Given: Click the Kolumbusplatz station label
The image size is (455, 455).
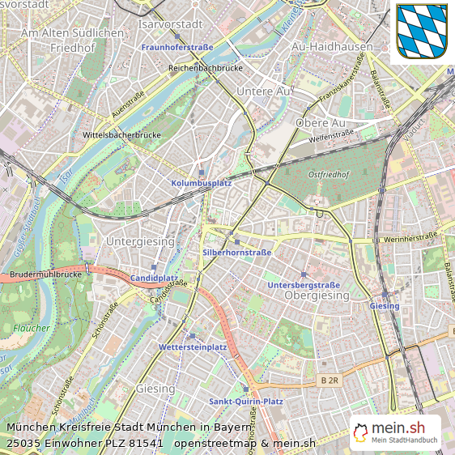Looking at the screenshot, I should tap(202, 184).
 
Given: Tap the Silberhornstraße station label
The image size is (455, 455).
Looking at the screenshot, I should tap(236, 253).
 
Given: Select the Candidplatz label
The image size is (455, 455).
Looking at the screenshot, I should tap(154, 278).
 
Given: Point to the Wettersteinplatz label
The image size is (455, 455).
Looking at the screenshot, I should tap(193, 347).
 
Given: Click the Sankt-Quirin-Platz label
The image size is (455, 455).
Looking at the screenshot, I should tap(245, 401).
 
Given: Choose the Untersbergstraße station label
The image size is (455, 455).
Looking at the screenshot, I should tap(304, 285).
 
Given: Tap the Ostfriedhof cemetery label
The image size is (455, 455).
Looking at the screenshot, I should tap(328, 174).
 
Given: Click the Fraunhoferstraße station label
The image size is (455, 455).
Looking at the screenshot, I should tap(177, 48).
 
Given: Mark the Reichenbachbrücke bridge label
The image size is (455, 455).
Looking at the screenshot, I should tap(206, 69).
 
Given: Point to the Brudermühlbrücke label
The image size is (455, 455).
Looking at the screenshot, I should tap(47, 275).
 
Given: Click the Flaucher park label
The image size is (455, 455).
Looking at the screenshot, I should tap(32, 328).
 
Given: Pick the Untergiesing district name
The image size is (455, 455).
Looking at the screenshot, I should tap(140, 241).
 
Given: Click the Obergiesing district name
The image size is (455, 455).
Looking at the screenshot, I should tap(317, 296).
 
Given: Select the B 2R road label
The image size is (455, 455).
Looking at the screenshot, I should tap(329, 380).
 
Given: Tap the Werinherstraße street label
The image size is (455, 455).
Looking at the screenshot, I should tap(410, 236).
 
